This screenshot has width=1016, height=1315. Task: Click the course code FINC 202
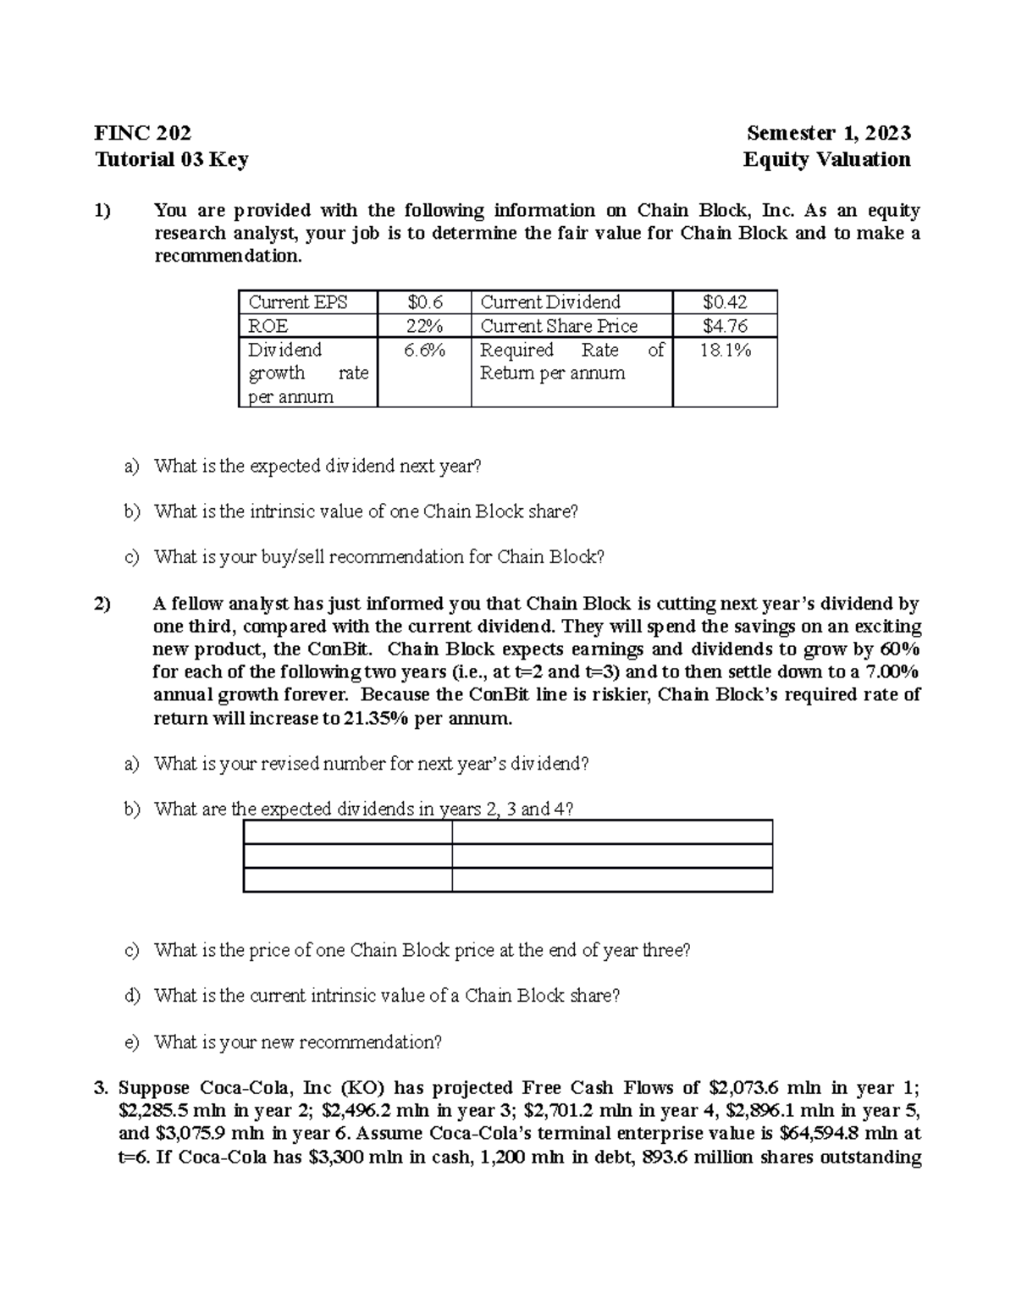(x=142, y=133)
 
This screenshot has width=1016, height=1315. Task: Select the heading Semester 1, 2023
(x=828, y=133)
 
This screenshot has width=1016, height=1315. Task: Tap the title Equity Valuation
(x=826, y=160)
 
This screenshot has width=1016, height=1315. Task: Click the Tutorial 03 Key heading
(x=171, y=160)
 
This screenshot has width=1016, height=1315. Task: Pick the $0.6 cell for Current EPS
(x=424, y=302)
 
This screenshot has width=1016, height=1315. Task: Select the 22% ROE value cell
(x=424, y=326)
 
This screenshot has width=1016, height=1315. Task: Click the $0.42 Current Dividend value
(x=725, y=302)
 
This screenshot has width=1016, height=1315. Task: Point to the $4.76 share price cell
(x=725, y=326)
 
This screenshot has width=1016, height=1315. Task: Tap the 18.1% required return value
(x=725, y=351)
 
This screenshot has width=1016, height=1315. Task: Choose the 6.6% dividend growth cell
(x=424, y=351)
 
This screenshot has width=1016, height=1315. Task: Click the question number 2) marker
(x=102, y=604)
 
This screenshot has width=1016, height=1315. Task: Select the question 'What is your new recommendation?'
(x=298, y=1042)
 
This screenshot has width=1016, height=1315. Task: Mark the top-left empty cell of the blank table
(x=347, y=832)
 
